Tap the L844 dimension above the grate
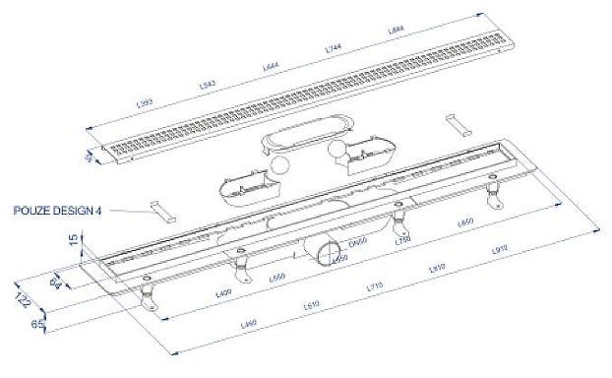tap(397, 31)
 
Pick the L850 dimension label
tap(466, 223)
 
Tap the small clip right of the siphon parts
tap(458, 125)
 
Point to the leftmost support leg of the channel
tap(149, 296)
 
